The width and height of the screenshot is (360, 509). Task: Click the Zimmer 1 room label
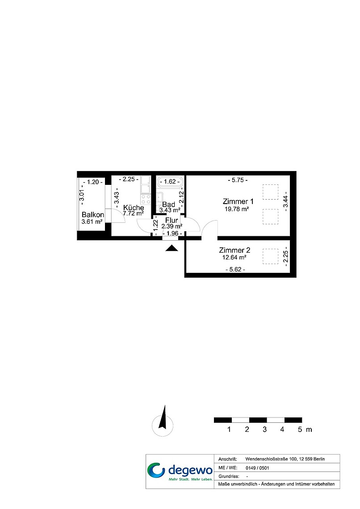(238, 201)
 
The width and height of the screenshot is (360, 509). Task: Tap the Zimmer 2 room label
(234, 250)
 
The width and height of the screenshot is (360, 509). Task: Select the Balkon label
(93, 215)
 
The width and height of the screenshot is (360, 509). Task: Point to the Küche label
(134, 208)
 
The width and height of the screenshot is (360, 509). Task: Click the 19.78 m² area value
(237, 209)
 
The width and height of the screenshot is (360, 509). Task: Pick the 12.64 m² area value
(234, 258)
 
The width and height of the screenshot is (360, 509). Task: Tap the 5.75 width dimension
(238, 180)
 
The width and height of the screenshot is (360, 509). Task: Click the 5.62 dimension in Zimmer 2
(235, 269)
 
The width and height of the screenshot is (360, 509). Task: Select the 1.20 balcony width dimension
(93, 182)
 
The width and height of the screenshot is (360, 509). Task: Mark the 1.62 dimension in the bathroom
(170, 181)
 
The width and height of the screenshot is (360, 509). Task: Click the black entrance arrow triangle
(172, 248)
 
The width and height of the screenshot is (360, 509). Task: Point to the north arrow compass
(163, 421)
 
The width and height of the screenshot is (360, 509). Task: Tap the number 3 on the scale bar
(264, 430)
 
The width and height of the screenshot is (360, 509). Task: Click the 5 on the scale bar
(300, 430)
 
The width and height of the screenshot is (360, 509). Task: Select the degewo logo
(180, 471)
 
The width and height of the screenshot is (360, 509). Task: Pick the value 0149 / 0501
(257, 468)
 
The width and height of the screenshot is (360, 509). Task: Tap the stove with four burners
(146, 199)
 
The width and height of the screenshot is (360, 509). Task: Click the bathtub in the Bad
(170, 182)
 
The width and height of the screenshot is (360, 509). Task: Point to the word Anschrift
(227, 459)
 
